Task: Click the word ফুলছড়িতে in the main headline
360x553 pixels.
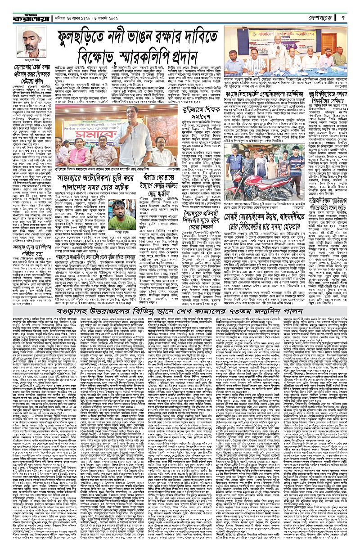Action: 90,40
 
